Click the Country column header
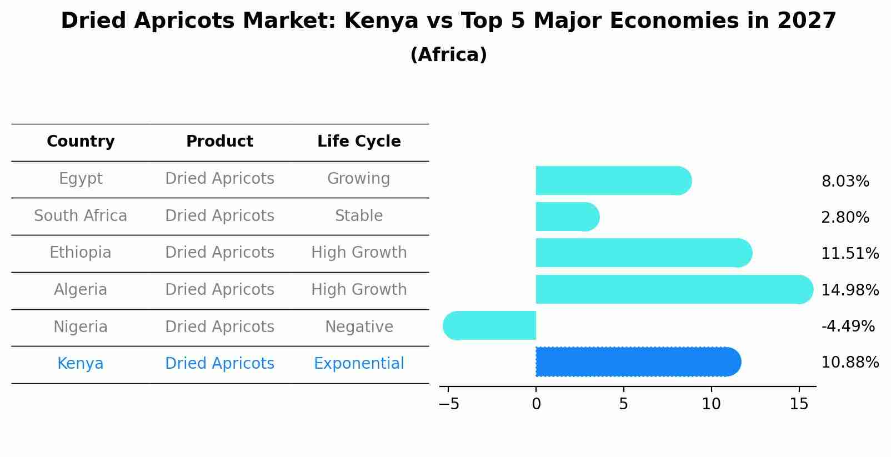tap(81, 142)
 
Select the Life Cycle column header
tap(359, 142)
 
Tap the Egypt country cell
tap(81, 179)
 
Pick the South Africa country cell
tap(81, 215)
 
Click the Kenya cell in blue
tap(81, 364)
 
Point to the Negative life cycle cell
tap(359, 327)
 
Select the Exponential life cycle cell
tap(359, 364)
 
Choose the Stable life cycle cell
tap(359, 215)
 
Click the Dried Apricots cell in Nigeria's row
tap(219, 327)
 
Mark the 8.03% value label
tap(845, 182)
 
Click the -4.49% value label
tap(848, 326)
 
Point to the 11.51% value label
tap(850, 254)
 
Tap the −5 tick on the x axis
tap(449, 404)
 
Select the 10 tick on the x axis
tap(711, 404)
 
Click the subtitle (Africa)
tap(448, 55)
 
